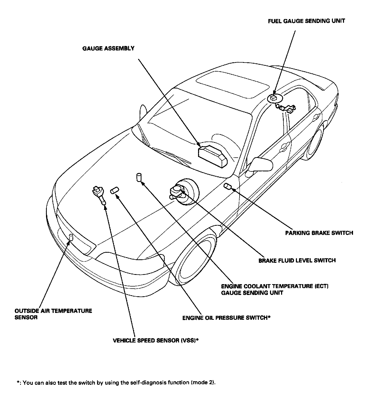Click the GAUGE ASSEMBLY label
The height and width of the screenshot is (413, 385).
(x=108, y=49)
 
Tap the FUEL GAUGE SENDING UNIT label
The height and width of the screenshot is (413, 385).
(x=306, y=21)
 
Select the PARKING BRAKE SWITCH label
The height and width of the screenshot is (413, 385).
(x=319, y=233)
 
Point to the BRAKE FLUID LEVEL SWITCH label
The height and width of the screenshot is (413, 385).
(x=297, y=260)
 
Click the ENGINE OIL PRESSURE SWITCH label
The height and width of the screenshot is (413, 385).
(x=226, y=318)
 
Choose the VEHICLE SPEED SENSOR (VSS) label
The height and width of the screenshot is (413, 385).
(x=156, y=341)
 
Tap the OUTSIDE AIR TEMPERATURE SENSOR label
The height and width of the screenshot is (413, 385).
(x=53, y=314)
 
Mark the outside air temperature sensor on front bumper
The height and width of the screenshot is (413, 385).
(x=71, y=237)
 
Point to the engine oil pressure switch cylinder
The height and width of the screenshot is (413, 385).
(x=114, y=190)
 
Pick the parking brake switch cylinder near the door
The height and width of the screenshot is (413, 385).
(x=227, y=187)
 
